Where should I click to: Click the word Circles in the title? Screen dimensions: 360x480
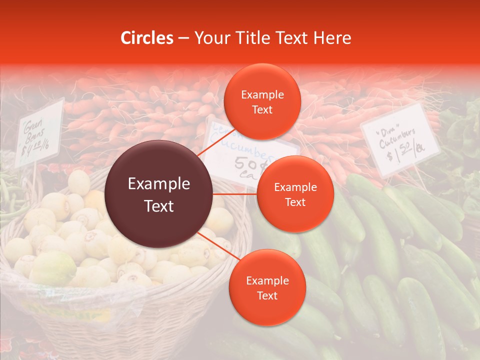click(147, 38)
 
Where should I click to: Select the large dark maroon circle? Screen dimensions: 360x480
click(159, 194)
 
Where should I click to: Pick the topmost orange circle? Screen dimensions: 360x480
click(262, 101)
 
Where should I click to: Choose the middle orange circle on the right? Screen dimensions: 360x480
click(295, 194)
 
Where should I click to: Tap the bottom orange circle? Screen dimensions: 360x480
click(267, 287)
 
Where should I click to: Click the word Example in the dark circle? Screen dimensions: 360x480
click(159, 184)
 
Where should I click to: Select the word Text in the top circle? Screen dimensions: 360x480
click(262, 109)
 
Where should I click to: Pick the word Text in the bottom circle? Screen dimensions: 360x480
click(267, 295)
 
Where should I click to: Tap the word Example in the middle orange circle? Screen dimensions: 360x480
click(295, 187)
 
